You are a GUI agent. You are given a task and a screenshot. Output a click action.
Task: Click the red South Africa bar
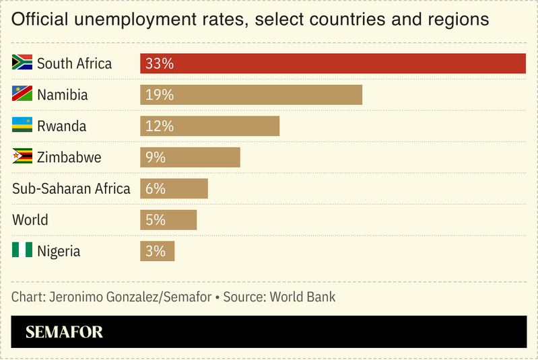pyautogui.click(x=333, y=63)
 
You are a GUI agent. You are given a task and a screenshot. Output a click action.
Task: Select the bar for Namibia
pyautogui.click(x=251, y=95)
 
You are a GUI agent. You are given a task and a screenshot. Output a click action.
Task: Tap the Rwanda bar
pyautogui.click(x=209, y=126)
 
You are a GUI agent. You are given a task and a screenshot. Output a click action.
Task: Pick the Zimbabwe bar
pyautogui.click(x=190, y=157)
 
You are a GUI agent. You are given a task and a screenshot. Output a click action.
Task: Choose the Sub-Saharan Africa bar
pyautogui.click(x=174, y=188)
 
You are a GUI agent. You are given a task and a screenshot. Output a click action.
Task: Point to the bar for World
pyautogui.click(x=168, y=220)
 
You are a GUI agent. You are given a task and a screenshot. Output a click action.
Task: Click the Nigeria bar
pyautogui.click(x=157, y=251)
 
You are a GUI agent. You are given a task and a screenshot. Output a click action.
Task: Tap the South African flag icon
pyautogui.click(x=22, y=63)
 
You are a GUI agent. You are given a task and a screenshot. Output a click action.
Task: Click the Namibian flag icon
pyautogui.click(x=22, y=94)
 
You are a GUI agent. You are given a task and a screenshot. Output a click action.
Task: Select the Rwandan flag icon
pyautogui.click(x=22, y=125)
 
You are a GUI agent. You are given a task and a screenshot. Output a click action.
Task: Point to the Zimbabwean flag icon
pyautogui.click(x=22, y=156)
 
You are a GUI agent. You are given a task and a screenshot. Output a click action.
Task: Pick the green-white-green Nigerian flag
pyautogui.click(x=22, y=250)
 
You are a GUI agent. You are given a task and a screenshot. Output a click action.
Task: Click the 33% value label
pyautogui.click(x=160, y=64)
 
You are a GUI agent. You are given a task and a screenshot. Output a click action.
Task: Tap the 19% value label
pyautogui.click(x=160, y=95)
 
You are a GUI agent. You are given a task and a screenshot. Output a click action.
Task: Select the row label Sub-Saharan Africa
pyautogui.click(x=71, y=188)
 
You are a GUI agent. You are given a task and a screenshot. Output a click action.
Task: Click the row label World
pyautogui.click(x=30, y=220)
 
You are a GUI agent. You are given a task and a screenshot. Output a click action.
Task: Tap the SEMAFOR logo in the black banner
pyautogui.click(x=64, y=332)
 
